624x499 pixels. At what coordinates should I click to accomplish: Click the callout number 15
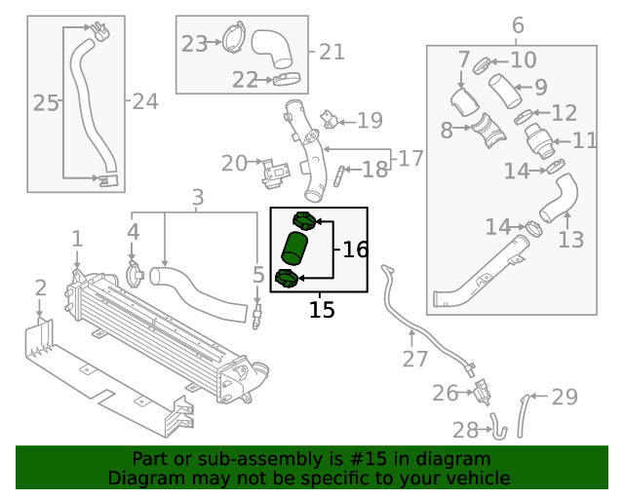322,310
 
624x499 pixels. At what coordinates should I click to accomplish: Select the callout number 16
355,249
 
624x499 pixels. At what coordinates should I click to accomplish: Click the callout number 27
415,359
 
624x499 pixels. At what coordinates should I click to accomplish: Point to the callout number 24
144,100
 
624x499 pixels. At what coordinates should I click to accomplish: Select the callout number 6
517,24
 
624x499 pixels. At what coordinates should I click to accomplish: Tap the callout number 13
570,238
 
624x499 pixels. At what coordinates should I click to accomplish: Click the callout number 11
584,140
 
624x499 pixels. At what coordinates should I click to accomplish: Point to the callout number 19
370,121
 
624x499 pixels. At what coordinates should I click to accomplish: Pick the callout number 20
234,163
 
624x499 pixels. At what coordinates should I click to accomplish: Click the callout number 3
197,198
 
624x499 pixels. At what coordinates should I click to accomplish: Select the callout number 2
40,288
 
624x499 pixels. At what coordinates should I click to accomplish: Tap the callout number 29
565,397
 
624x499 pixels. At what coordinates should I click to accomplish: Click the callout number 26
445,393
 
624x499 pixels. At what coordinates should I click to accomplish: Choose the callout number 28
465,430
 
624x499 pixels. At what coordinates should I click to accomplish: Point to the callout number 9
540,88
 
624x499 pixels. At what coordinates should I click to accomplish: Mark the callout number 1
77,239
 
